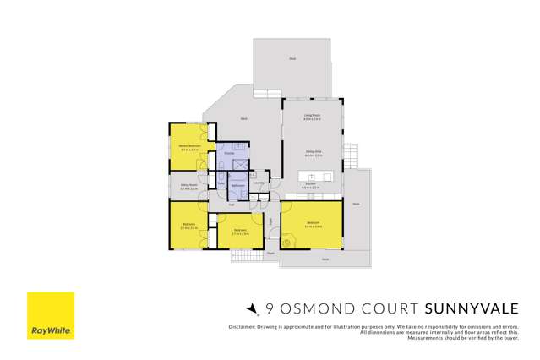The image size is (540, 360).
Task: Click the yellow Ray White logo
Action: [x=50, y=315]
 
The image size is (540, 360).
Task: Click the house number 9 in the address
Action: [x=270, y=309]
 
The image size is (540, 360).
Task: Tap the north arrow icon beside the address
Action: [x=250, y=309]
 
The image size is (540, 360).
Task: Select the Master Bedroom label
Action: [x=189, y=145]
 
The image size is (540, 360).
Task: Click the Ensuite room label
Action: [x=228, y=153]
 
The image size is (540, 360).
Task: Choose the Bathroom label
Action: [x=238, y=185]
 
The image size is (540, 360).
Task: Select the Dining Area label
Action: [x=312, y=152]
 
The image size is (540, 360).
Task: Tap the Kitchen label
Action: [x=311, y=183]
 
